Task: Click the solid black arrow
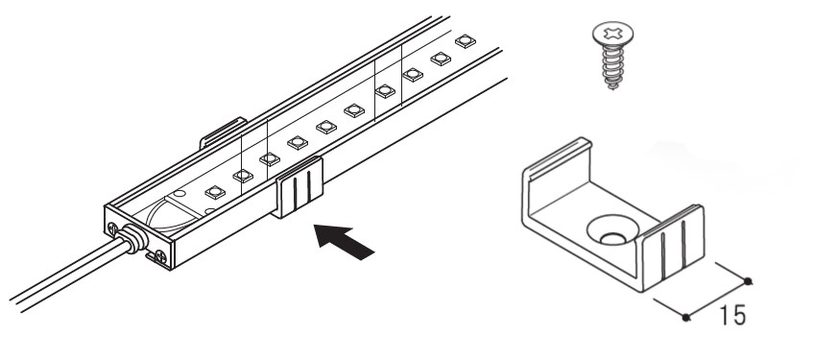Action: pos(344,242)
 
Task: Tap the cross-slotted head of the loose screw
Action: pos(612,34)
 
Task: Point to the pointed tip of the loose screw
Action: pos(613,87)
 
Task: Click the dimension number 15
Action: pos(732,315)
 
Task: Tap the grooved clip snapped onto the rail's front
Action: pos(299,186)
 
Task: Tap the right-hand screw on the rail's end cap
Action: pos(160,255)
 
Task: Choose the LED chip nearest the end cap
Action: pos(215,192)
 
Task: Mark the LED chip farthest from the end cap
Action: pos(466,41)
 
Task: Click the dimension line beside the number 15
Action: pos(716,300)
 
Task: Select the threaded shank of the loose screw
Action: pos(613,66)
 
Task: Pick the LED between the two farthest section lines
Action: pos(385,91)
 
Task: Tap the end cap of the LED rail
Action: pos(138,237)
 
